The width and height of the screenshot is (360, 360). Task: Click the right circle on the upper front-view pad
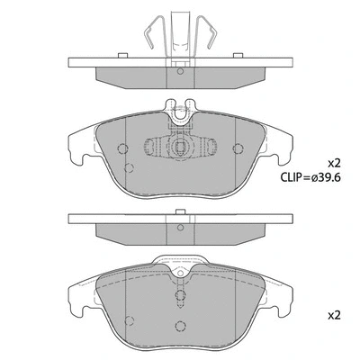(x=238, y=149)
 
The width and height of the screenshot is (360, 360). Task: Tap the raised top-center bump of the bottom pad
(x=181, y=262)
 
